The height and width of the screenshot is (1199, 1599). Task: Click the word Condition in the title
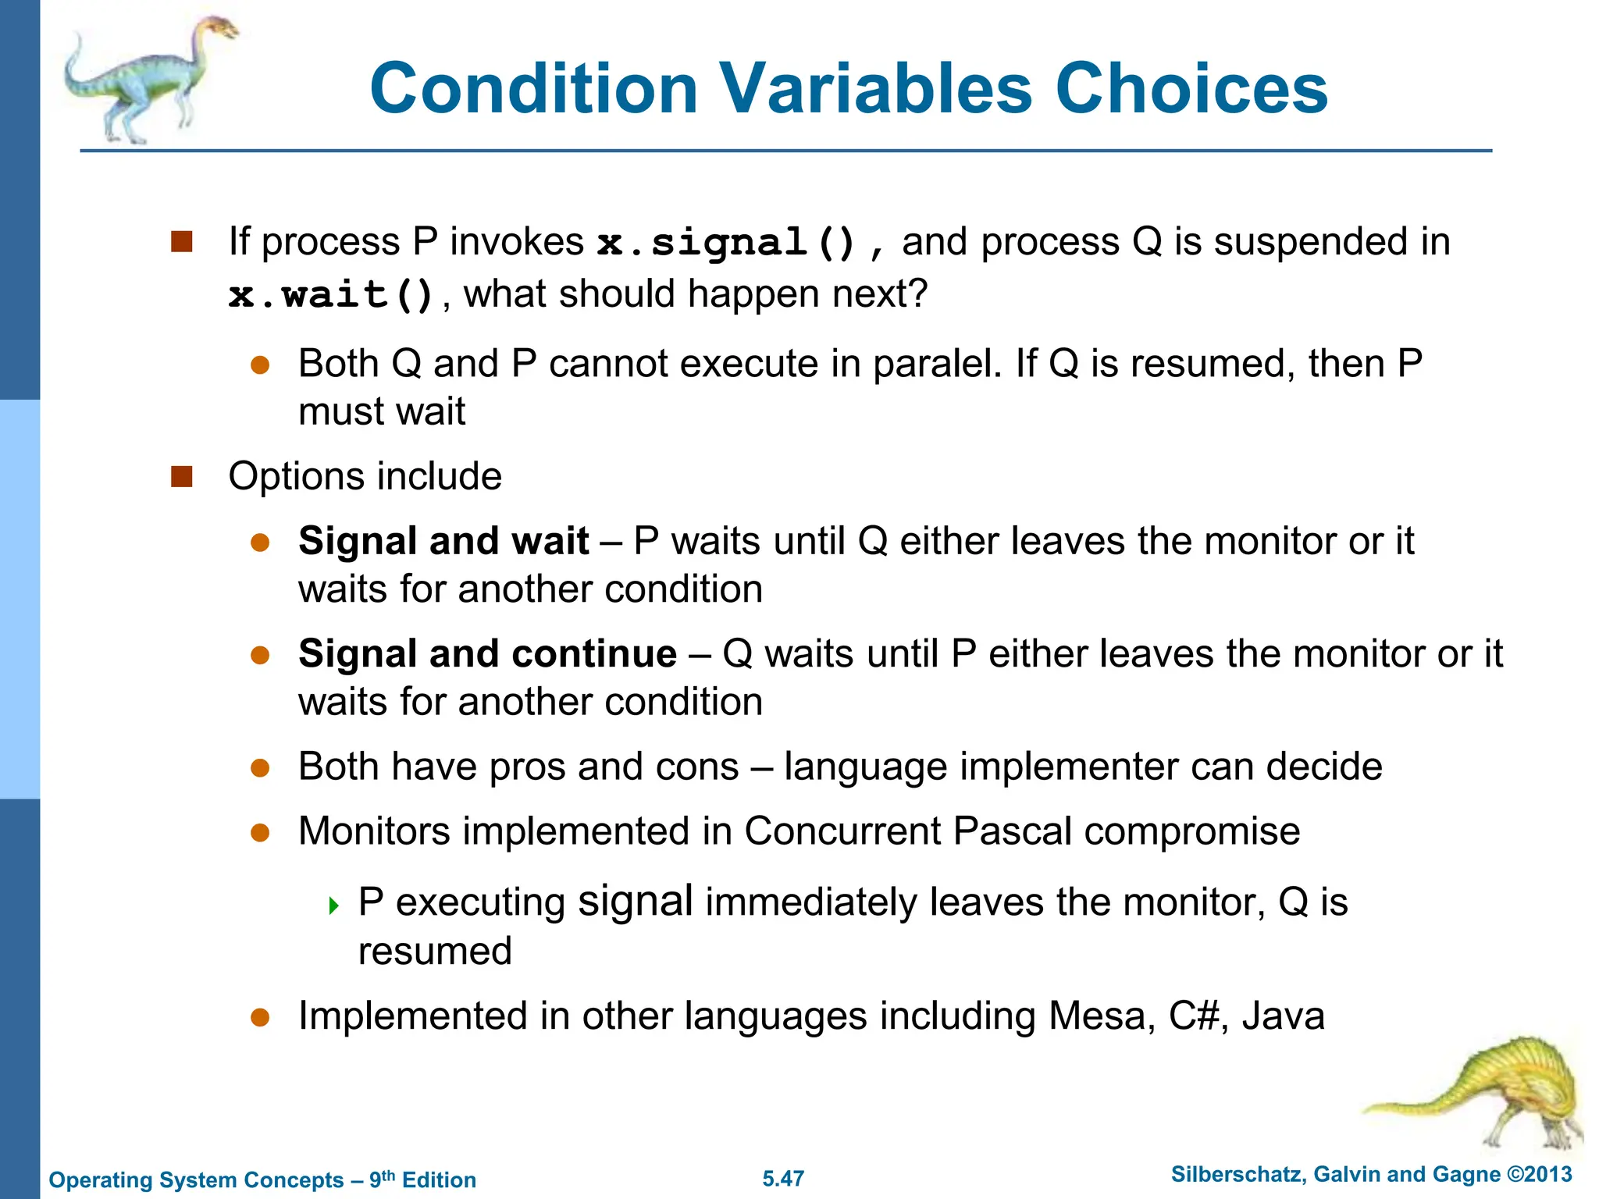533,88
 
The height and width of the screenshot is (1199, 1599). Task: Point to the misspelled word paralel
937,365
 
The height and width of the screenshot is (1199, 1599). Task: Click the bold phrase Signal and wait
443,541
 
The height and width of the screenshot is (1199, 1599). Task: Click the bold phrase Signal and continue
487,653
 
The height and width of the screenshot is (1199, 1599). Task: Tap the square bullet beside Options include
182,476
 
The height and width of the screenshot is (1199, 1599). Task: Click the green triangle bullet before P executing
334,905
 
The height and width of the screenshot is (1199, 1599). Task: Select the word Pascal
1013,831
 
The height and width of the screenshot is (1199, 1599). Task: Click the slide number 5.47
783,1179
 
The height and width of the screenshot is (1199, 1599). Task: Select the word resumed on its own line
435,952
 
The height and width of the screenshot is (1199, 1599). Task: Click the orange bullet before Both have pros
260,768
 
